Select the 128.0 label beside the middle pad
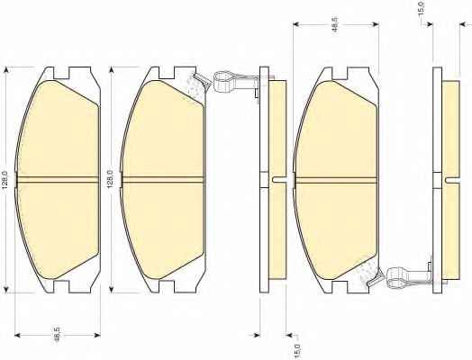(x=111, y=179)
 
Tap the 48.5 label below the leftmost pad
(x=57, y=335)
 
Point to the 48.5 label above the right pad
(x=335, y=23)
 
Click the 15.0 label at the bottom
(x=297, y=350)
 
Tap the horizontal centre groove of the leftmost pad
(x=58, y=179)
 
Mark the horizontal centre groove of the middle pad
(x=162, y=179)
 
